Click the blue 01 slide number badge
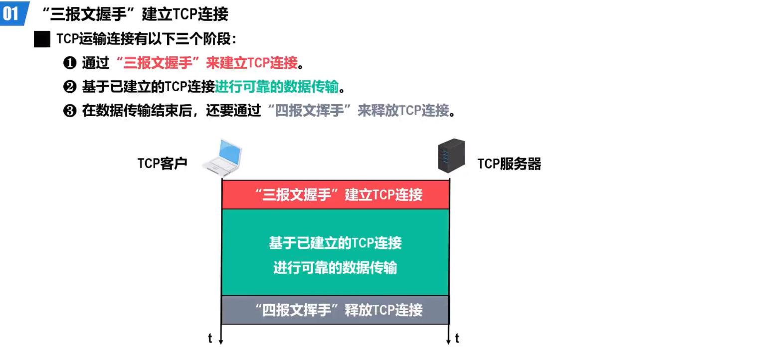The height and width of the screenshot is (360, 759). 13,13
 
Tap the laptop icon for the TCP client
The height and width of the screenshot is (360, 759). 223,158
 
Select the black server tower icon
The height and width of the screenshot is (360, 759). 451,156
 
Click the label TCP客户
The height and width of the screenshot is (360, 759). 162,164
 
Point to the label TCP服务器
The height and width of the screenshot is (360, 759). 509,164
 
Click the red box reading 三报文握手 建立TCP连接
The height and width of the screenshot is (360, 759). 335,194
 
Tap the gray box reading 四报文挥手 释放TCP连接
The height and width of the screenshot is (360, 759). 335,310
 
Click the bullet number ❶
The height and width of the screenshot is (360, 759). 69,63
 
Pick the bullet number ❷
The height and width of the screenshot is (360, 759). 69,87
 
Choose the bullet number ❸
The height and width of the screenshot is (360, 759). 69,111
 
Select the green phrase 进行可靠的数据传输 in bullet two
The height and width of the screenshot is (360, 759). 277,87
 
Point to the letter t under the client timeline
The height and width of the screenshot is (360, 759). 210,339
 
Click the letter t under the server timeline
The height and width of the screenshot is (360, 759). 457,339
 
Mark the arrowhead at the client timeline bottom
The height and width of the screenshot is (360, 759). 221,341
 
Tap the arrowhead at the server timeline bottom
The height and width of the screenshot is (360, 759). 449,341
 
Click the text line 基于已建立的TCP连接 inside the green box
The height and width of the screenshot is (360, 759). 335,243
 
